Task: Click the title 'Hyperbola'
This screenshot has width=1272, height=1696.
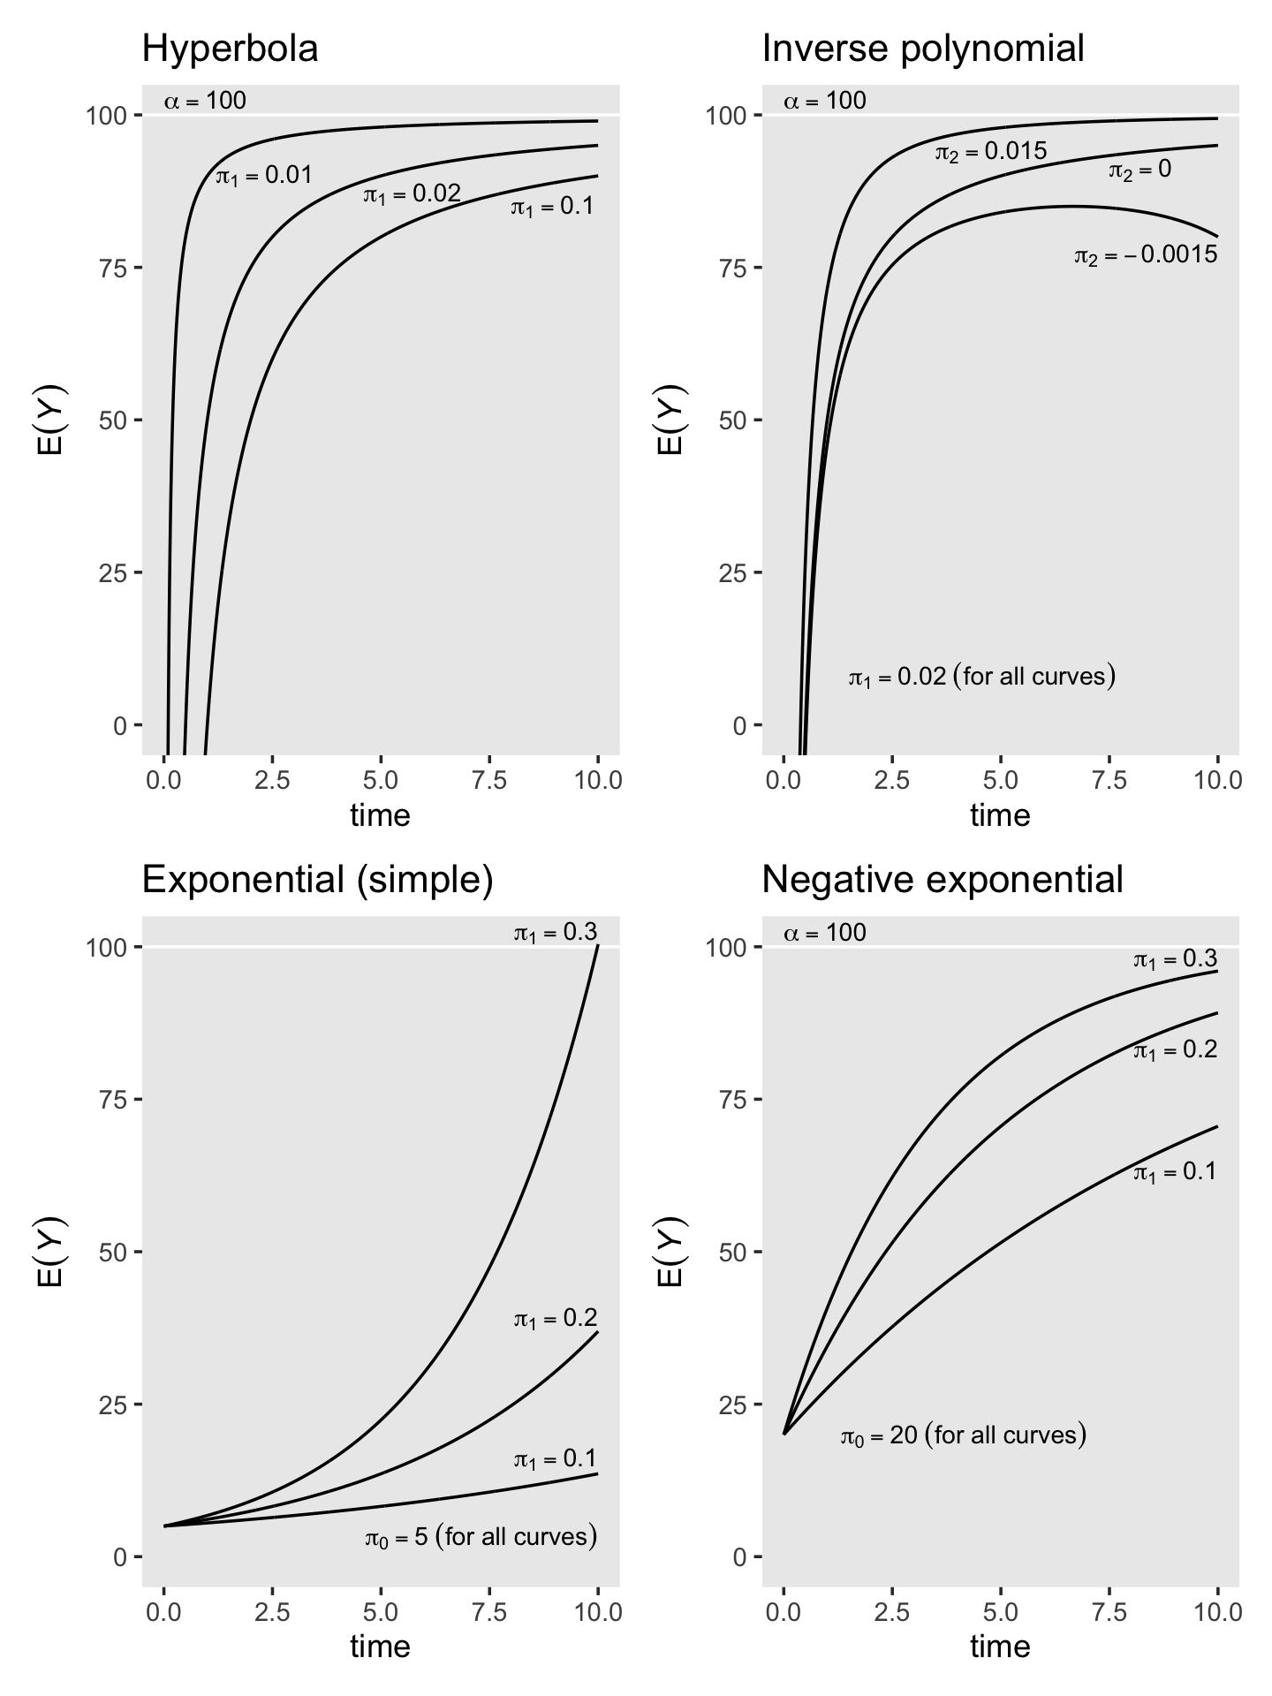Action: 230,49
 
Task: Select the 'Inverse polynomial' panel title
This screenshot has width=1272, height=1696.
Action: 922,49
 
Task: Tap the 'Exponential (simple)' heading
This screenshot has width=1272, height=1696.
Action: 317,881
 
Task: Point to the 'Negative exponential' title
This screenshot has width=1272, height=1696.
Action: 942,881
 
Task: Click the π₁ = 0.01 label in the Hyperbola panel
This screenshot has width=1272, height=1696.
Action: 264,176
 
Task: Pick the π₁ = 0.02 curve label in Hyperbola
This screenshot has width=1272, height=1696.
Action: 412,194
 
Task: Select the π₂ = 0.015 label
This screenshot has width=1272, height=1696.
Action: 990,153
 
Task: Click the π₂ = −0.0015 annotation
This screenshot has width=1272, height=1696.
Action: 1145,256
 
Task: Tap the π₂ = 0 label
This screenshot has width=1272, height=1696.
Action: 1139,170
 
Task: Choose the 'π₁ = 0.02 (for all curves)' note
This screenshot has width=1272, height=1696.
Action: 981,678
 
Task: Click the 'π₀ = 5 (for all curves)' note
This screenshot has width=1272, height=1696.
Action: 481,1537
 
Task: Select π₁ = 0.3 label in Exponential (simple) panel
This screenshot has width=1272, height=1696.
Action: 555,933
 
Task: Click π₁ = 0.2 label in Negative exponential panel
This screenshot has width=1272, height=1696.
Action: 1175,1050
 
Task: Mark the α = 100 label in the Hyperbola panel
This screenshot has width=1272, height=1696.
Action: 205,101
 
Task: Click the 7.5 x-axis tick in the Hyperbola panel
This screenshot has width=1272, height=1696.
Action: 489,781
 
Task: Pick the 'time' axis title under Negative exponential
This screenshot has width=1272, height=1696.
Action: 1000,1647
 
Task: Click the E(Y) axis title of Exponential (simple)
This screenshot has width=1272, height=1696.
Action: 50,1251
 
